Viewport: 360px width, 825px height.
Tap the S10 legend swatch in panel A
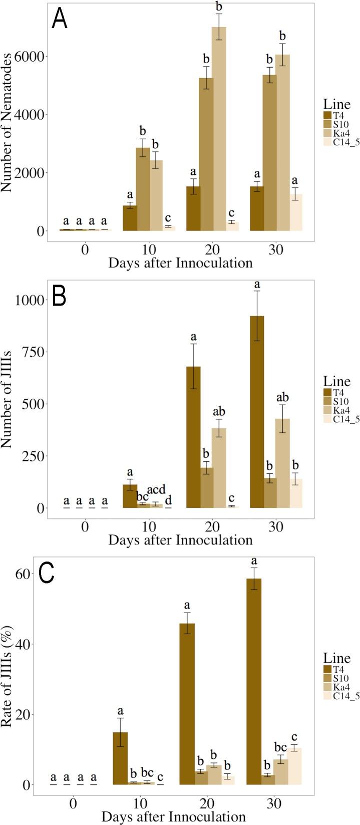tap(327, 124)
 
